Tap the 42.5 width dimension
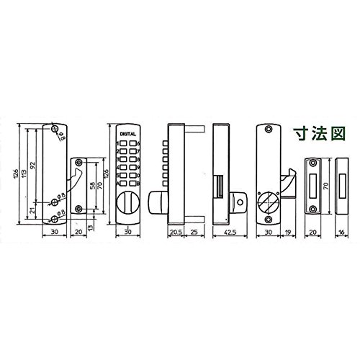tap(230, 233)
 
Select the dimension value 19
tap(287, 233)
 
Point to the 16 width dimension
tap(341, 233)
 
